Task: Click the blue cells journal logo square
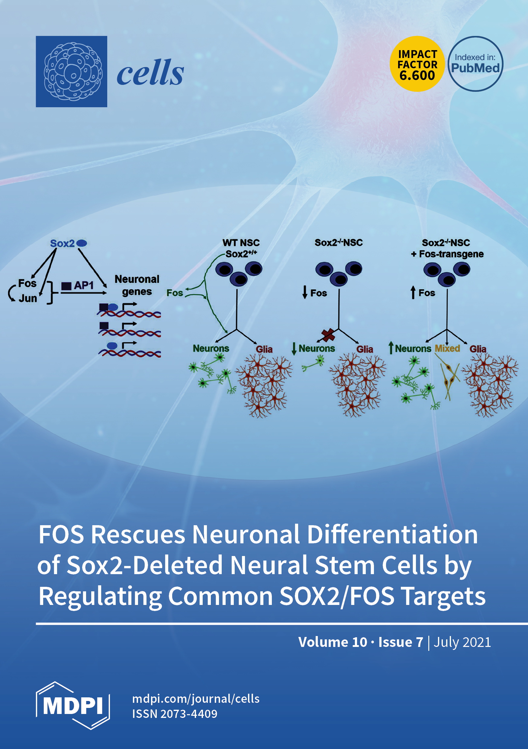pyautogui.click(x=72, y=72)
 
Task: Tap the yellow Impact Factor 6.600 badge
pyautogui.click(x=417, y=64)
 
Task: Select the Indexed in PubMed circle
pyautogui.click(x=475, y=64)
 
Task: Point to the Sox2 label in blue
pyautogui.click(x=62, y=243)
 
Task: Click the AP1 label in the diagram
pyautogui.click(x=84, y=285)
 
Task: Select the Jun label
pyautogui.click(x=28, y=298)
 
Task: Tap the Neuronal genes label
pyautogui.click(x=137, y=285)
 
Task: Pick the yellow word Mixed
pyautogui.click(x=447, y=349)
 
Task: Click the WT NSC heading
pyautogui.click(x=241, y=243)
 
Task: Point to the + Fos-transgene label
pyautogui.click(x=447, y=254)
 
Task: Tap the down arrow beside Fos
pyautogui.click(x=305, y=292)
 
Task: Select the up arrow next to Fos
pyautogui.click(x=413, y=292)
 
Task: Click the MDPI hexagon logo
pyautogui.click(x=73, y=706)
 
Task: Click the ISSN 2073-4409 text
pyautogui.click(x=175, y=714)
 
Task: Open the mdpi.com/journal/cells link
pyautogui.click(x=196, y=699)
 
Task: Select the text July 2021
pyautogui.click(x=462, y=642)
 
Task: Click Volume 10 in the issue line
pyautogui.click(x=333, y=642)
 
